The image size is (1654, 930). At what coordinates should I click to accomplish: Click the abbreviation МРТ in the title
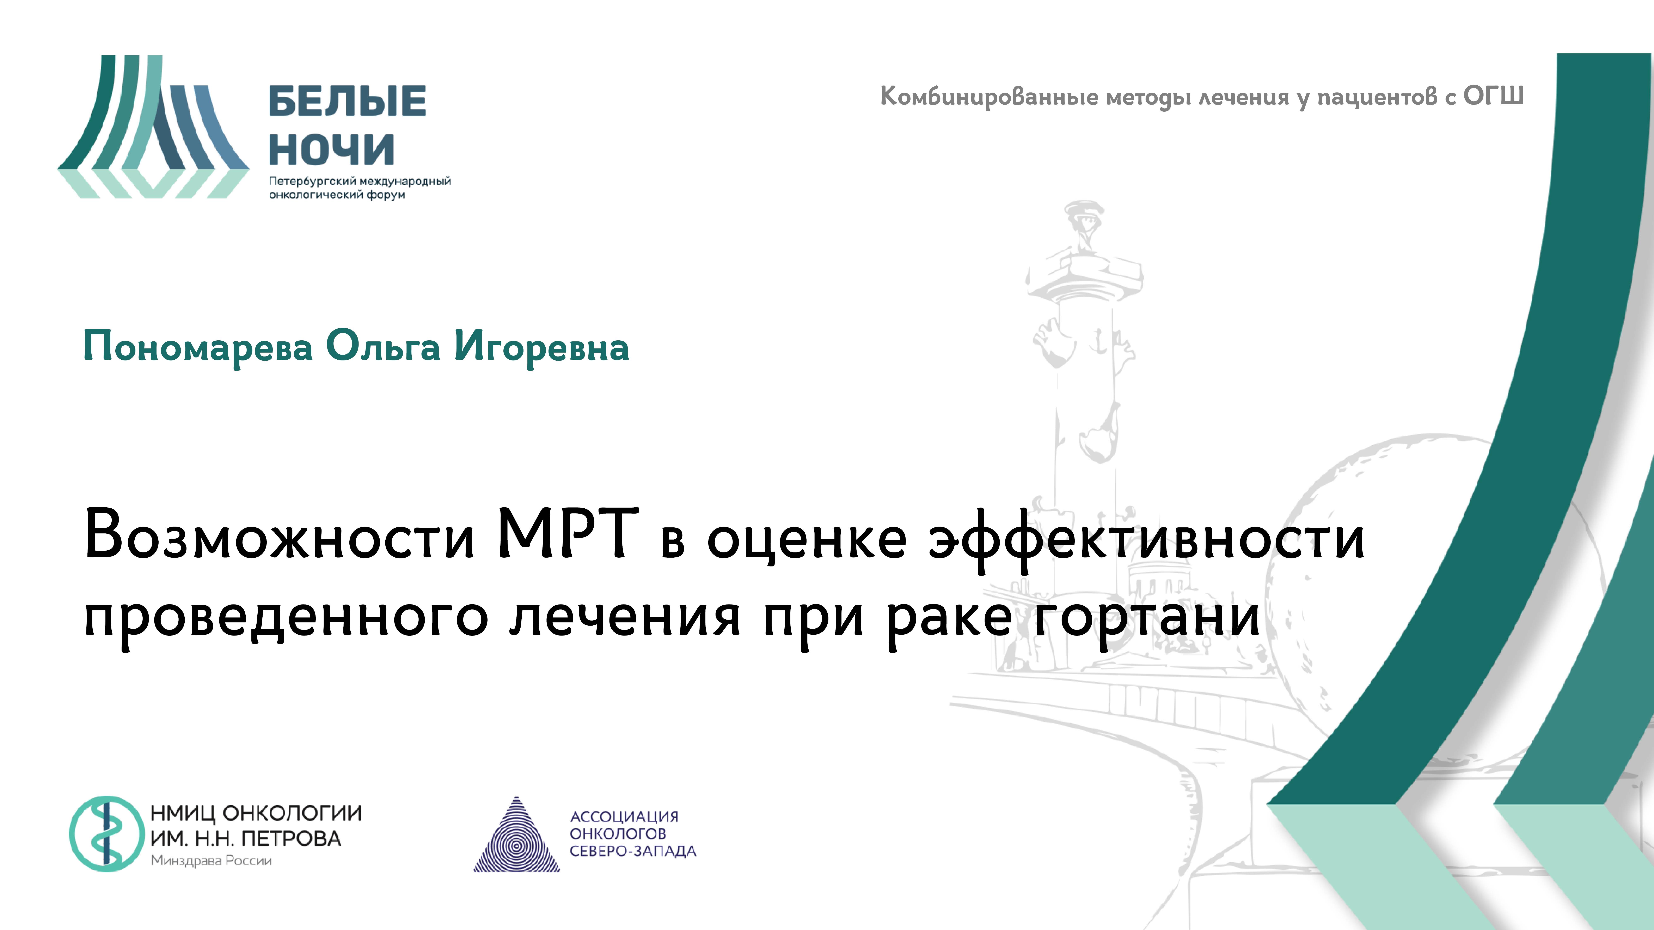coord(568,534)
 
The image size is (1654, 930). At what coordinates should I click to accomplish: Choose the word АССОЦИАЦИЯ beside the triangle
coord(624,816)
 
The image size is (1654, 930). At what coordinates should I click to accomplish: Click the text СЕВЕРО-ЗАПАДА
coord(632,851)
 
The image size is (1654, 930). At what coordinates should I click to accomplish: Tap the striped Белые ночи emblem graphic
coord(153,127)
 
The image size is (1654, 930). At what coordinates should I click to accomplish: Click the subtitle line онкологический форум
coord(337,194)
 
